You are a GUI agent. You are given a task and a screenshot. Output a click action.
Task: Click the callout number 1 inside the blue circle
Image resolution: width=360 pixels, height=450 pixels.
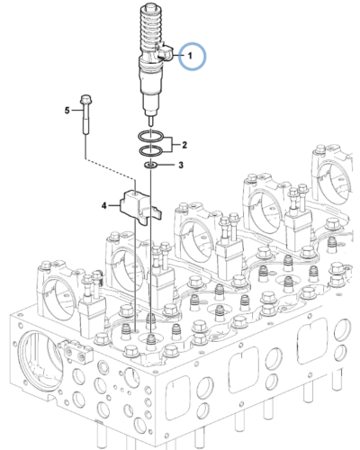pyautogui.click(x=190, y=56)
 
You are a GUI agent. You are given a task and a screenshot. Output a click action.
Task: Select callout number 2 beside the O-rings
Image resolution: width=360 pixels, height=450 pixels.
pyautogui.click(x=184, y=144)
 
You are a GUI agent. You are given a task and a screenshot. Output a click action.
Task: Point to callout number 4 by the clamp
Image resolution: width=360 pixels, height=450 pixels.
pyautogui.click(x=104, y=206)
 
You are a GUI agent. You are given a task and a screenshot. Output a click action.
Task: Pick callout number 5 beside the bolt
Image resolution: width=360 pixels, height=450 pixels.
pyautogui.click(x=67, y=110)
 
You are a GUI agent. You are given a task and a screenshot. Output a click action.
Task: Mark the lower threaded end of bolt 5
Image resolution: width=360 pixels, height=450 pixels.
pyautogui.click(x=86, y=129)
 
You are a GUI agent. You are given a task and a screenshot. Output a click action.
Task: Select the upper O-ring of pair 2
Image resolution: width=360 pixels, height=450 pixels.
pyautogui.click(x=151, y=136)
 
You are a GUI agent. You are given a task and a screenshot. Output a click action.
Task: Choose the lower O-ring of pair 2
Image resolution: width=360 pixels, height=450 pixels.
pyautogui.click(x=151, y=149)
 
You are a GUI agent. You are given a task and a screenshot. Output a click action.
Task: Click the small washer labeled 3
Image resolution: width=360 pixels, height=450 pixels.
pyautogui.click(x=150, y=166)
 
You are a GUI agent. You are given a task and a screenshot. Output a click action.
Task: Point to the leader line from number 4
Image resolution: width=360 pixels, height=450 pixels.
pyautogui.click(x=117, y=206)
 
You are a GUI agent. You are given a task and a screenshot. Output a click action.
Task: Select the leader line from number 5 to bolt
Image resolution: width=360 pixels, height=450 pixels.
pyautogui.click(x=76, y=110)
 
